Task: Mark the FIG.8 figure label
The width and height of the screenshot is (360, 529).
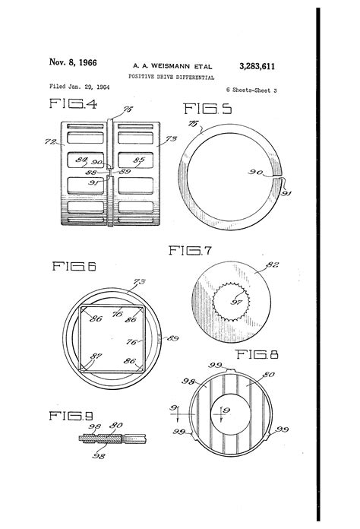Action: point(257,354)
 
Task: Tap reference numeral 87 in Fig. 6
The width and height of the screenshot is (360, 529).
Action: point(94,355)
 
